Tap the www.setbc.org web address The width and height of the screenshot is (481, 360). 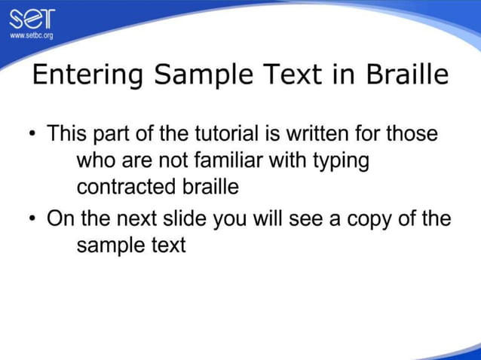pyautogui.click(x=31, y=35)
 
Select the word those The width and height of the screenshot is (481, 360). pyautogui.click(x=412, y=135)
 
